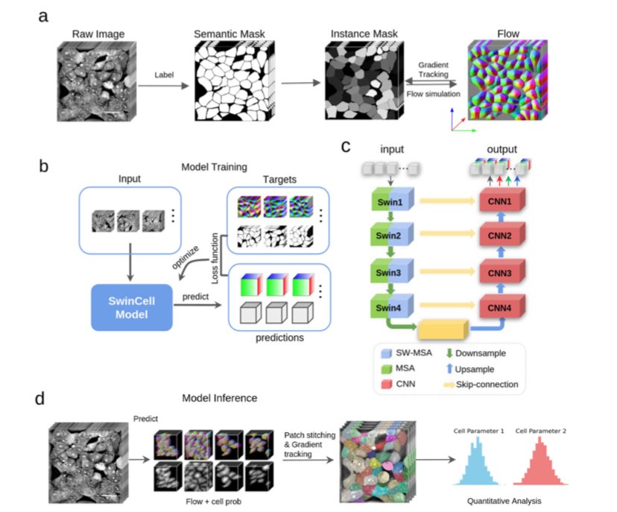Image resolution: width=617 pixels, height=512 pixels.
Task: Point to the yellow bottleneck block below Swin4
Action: click(443, 328)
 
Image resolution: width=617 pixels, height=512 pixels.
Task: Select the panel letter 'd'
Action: click(42, 399)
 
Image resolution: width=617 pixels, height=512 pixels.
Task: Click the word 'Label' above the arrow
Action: click(164, 75)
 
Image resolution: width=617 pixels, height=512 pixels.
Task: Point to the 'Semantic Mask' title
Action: click(230, 34)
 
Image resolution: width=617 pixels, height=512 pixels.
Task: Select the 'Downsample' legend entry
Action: click(478, 353)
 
